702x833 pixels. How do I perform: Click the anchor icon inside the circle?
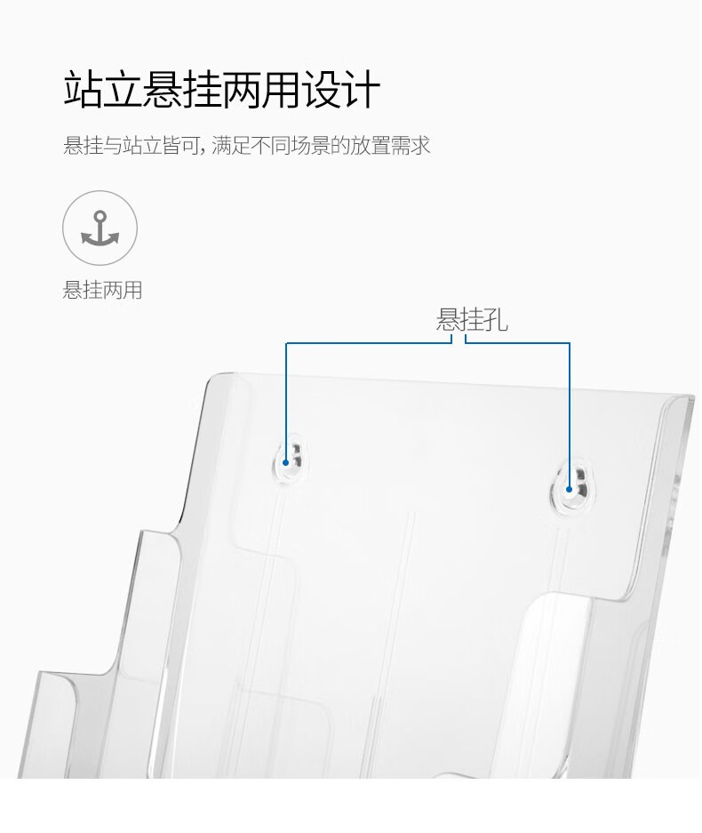tap(100, 228)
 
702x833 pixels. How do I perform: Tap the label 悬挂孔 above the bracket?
tap(472, 320)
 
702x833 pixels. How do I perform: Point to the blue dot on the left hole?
tap(285, 462)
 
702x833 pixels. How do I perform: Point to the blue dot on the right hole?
tap(569, 489)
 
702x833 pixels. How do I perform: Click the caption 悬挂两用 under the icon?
tap(102, 290)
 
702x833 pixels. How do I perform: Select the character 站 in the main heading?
tap(84, 89)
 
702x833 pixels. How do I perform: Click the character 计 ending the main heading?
tap(362, 89)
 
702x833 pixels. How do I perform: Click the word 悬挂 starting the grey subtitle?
tap(83, 145)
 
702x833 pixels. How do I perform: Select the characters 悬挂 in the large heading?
tap(183, 89)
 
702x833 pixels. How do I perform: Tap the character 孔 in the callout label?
tap(496, 320)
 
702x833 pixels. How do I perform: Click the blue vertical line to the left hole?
tap(286, 402)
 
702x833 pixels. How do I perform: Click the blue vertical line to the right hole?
tap(570, 415)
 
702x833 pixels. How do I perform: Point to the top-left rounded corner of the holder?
tap(213, 378)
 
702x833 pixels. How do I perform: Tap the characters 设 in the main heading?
tap(322, 89)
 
